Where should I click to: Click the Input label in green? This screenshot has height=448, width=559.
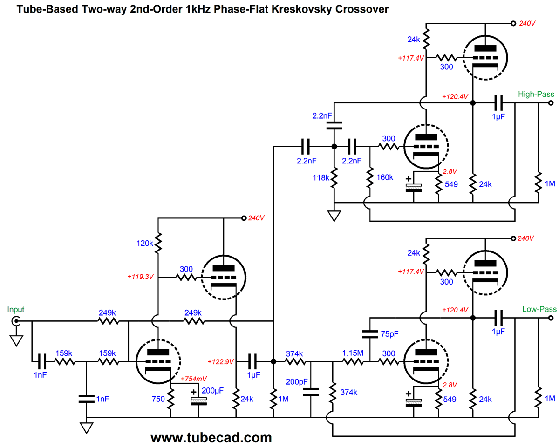[16, 309]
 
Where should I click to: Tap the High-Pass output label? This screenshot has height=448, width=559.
[536, 94]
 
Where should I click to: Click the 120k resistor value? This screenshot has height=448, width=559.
[145, 244]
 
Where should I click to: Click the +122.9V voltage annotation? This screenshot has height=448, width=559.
[221, 361]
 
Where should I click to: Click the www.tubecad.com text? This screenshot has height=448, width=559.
[211, 437]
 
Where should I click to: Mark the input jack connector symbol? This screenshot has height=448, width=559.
[16, 321]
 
